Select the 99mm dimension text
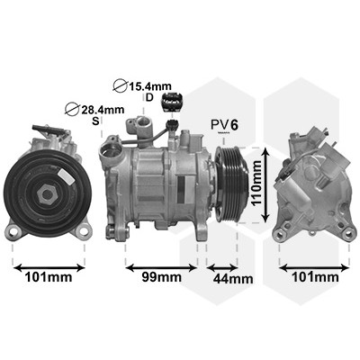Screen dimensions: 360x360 pos(161,277)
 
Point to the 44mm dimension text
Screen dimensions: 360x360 pos(233,279)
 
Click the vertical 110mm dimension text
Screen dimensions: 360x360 pos(256,183)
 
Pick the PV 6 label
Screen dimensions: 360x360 pos(225,125)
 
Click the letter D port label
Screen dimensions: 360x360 pos(149,97)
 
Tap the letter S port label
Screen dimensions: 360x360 pos(95,121)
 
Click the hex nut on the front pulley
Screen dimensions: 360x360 pos(46,194)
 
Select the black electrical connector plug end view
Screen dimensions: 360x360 pos(172,102)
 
